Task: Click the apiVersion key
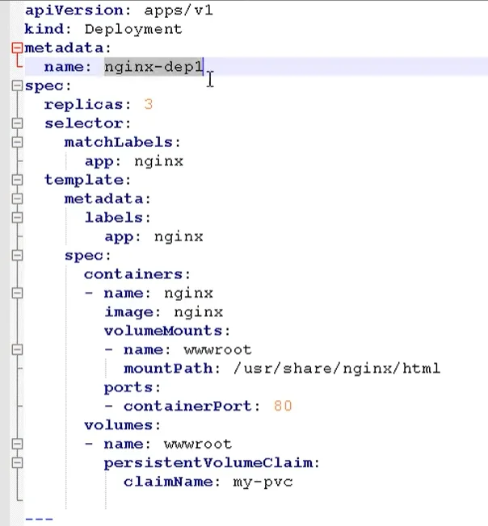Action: point(74,10)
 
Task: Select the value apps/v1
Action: point(179,10)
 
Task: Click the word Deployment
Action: point(133,30)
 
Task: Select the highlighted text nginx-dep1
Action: point(154,67)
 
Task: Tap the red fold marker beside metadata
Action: point(17,48)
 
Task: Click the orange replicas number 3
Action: point(149,105)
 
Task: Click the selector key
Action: point(84,123)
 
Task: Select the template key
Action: point(84,180)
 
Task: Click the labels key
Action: point(114,218)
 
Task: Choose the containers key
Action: point(134,274)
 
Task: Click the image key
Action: point(129,312)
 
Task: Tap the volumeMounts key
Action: point(163,331)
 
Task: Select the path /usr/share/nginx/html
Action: point(337,369)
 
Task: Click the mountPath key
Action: point(169,369)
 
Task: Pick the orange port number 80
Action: point(283,407)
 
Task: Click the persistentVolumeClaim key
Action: point(208,463)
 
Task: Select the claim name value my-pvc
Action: point(263,482)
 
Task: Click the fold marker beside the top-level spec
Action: point(17,86)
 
